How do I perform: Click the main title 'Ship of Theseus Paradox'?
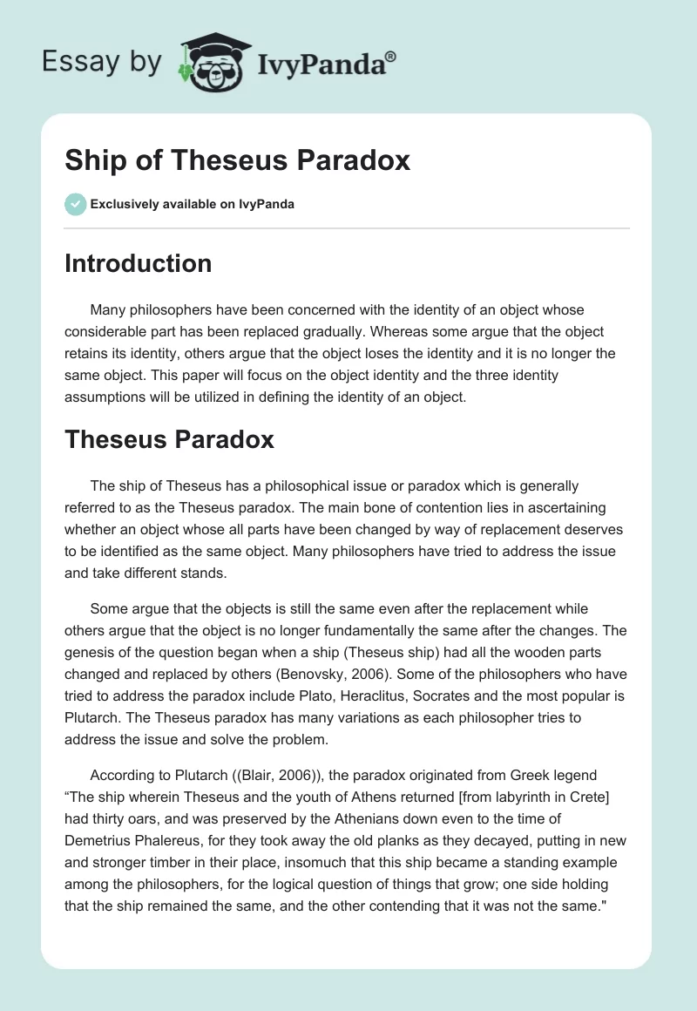pyautogui.click(x=237, y=161)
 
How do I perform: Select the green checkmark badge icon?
pyautogui.click(x=75, y=204)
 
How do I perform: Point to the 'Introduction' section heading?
pyautogui.click(x=138, y=263)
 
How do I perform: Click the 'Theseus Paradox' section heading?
pyautogui.click(x=169, y=439)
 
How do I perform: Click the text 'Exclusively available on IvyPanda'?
pyautogui.click(x=192, y=205)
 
